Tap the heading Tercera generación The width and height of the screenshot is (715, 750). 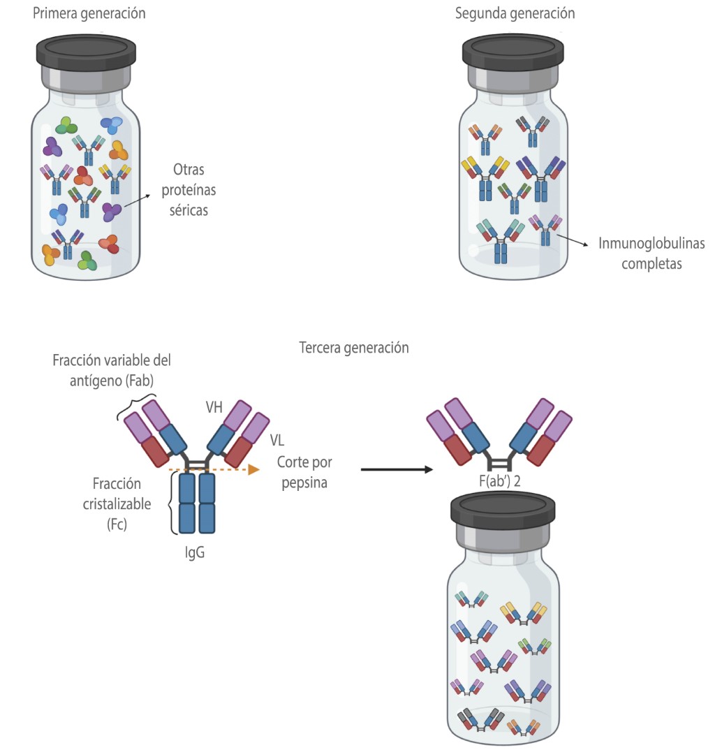point(353,348)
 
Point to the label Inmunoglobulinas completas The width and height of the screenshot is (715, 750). point(651,254)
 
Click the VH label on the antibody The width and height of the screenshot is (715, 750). point(214,408)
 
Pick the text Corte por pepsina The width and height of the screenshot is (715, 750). point(304,472)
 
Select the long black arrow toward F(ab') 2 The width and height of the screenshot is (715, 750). point(396,469)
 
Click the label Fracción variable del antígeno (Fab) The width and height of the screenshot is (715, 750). point(112,370)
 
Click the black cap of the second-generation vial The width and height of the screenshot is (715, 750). point(512,53)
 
